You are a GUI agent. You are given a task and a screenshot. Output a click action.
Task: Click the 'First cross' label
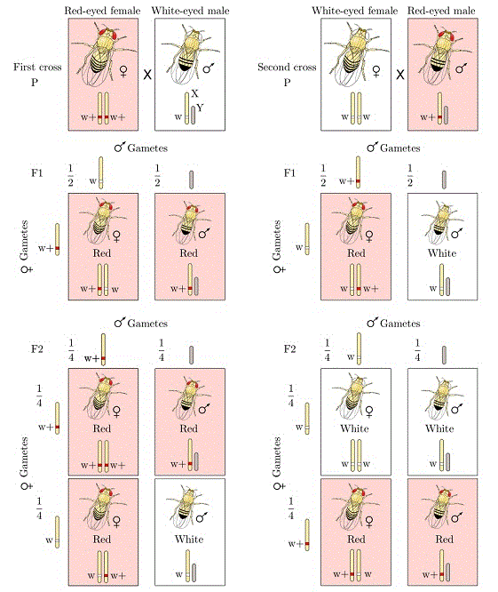tap(37, 68)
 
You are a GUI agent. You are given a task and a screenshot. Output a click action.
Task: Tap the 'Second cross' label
tap(287, 68)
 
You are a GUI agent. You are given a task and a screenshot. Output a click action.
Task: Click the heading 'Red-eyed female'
tap(102, 11)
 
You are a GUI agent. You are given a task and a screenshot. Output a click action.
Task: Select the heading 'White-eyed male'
tap(190, 11)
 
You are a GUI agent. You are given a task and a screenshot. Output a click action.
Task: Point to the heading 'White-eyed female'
tap(355, 11)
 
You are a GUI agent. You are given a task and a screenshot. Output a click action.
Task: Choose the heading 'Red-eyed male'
tap(441, 11)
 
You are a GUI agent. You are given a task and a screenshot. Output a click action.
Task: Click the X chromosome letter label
tap(194, 93)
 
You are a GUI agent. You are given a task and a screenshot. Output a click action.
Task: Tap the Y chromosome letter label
tap(200, 108)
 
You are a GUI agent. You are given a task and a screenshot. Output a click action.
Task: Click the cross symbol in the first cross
tap(147, 75)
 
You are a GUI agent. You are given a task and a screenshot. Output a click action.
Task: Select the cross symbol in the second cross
tap(400, 75)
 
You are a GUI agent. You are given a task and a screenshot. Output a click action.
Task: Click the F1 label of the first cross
tap(37, 173)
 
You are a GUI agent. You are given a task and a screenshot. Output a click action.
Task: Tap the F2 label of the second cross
tap(289, 348)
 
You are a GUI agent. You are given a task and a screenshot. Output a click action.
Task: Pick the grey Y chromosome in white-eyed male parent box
tap(193, 115)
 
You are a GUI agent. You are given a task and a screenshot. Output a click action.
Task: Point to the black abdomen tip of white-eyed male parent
tap(185, 67)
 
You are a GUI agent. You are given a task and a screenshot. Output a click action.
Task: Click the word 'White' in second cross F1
tap(442, 253)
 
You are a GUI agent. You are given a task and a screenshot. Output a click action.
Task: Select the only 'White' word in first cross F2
tap(189, 540)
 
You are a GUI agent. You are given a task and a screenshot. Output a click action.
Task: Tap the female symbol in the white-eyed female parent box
tap(375, 71)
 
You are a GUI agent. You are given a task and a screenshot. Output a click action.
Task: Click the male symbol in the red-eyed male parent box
tap(462, 68)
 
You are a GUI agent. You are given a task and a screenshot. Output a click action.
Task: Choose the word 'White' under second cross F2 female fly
tap(354, 428)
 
